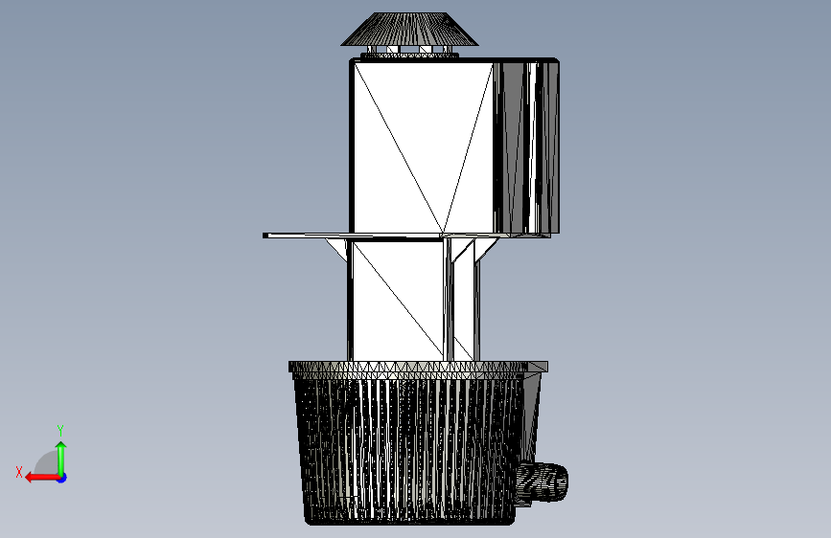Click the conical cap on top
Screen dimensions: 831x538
pyautogui.click(x=409, y=30)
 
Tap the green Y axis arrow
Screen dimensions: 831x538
pyautogui.click(x=61, y=459)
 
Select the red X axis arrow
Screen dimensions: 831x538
pyautogui.click(x=43, y=478)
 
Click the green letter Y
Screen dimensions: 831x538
pyautogui.click(x=60, y=430)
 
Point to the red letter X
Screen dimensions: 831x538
pyautogui.click(x=19, y=472)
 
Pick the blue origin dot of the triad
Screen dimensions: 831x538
pyautogui.click(x=62, y=478)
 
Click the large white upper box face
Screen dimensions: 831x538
pyautogui.click(x=423, y=147)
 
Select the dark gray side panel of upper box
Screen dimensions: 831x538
pyautogui.click(x=526, y=147)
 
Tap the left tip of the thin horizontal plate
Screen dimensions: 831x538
pyautogui.click(x=264, y=235)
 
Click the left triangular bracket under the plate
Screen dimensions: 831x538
pyautogui.click(x=337, y=247)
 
